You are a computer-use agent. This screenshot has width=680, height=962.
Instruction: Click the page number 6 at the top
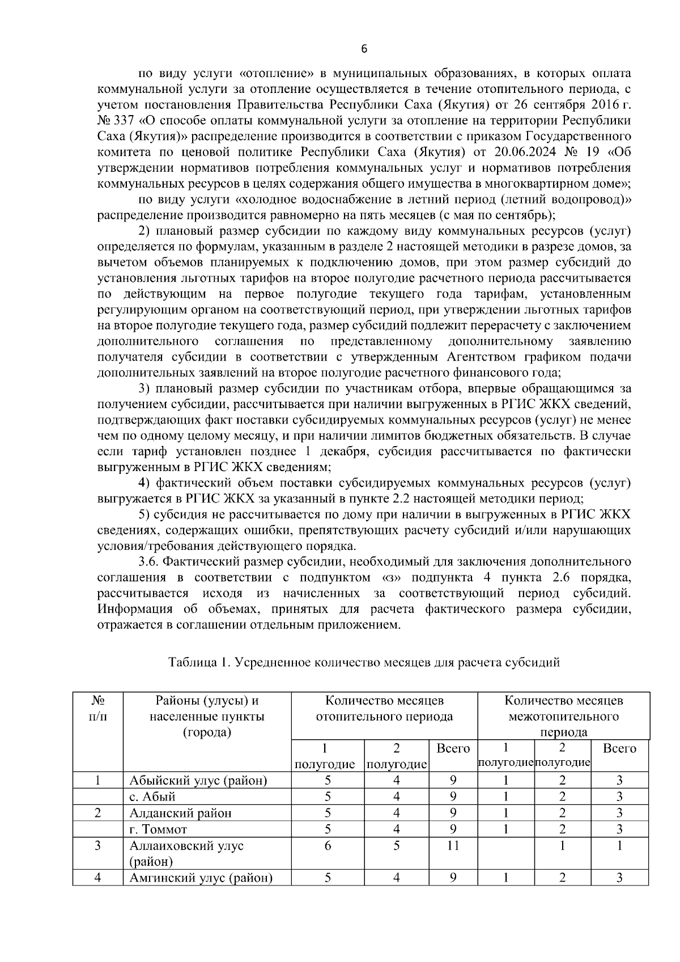364,49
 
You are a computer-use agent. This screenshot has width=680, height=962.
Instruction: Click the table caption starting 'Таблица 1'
364,662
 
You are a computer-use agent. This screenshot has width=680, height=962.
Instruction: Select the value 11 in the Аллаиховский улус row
453,846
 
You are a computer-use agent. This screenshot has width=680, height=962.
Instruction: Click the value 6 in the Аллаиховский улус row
328,846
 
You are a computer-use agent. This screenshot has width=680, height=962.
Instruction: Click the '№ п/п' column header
97,708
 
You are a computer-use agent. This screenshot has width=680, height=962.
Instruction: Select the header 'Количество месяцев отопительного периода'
384,708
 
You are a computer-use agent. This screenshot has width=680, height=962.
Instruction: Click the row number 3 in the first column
97,846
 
